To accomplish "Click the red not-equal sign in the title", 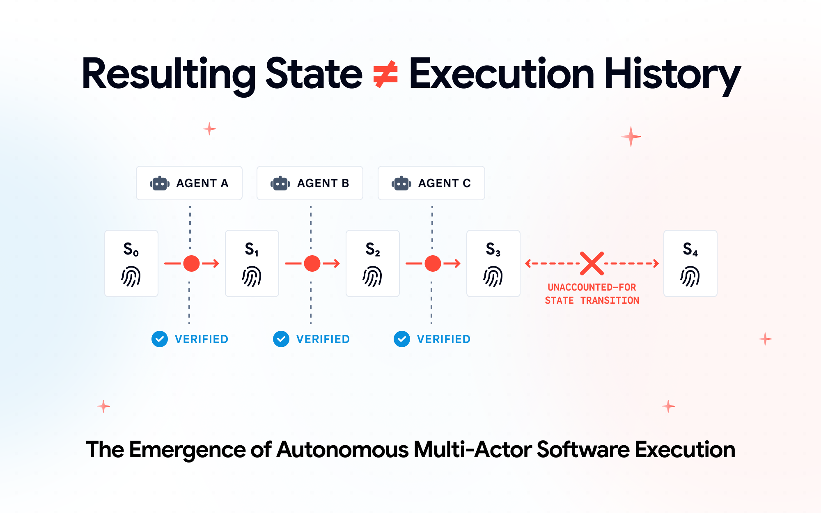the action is (x=385, y=74).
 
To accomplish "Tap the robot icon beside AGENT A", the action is (x=160, y=183).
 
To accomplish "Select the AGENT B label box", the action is (x=310, y=183).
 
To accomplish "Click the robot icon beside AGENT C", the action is (x=401, y=183).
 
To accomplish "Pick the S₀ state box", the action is (x=131, y=263).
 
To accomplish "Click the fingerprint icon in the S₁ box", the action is (x=252, y=276).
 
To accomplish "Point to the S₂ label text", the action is (x=373, y=249).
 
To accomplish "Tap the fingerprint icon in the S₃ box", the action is (x=493, y=276).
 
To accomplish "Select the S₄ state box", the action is (x=690, y=263).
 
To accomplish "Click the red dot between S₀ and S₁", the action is (x=191, y=263).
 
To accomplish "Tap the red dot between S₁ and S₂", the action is (x=312, y=263).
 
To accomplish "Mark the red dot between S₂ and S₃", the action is (x=433, y=263).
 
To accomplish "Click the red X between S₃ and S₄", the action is (x=592, y=263).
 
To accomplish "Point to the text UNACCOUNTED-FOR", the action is (x=592, y=287).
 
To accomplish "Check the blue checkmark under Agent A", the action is (x=160, y=339).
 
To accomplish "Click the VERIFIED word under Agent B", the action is (x=323, y=339).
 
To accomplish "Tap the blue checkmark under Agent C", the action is (x=402, y=339).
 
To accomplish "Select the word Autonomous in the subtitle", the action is (x=343, y=450).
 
